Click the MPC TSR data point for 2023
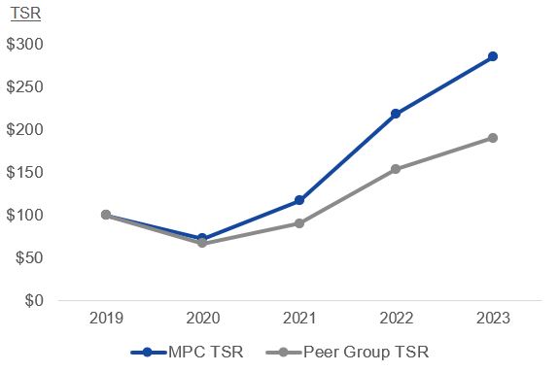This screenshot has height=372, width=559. (x=492, y=56)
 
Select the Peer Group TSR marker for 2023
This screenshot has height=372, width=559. (x=492, y=138)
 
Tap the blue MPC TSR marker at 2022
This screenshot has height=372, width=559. (x=396, y=114)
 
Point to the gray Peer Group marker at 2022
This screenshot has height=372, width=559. (x=396, y=169)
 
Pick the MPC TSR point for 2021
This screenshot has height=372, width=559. (x=298, y=200)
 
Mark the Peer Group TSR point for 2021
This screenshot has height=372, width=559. (x=298, y=223)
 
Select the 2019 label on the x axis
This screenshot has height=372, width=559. (x=105, y=319)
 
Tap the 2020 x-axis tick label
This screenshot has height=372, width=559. (x=202, y=319)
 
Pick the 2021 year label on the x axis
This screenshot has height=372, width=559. (x=298, y=319)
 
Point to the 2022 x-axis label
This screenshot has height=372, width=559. (x=396, y=319)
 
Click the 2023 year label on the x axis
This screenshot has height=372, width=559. (x=492, y=319)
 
